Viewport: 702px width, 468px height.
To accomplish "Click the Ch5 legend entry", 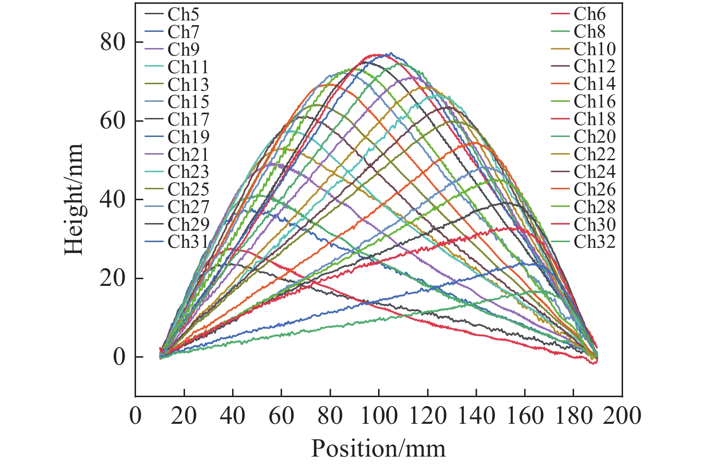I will click(177, 14).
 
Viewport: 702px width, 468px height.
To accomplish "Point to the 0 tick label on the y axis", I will click(119, 357).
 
